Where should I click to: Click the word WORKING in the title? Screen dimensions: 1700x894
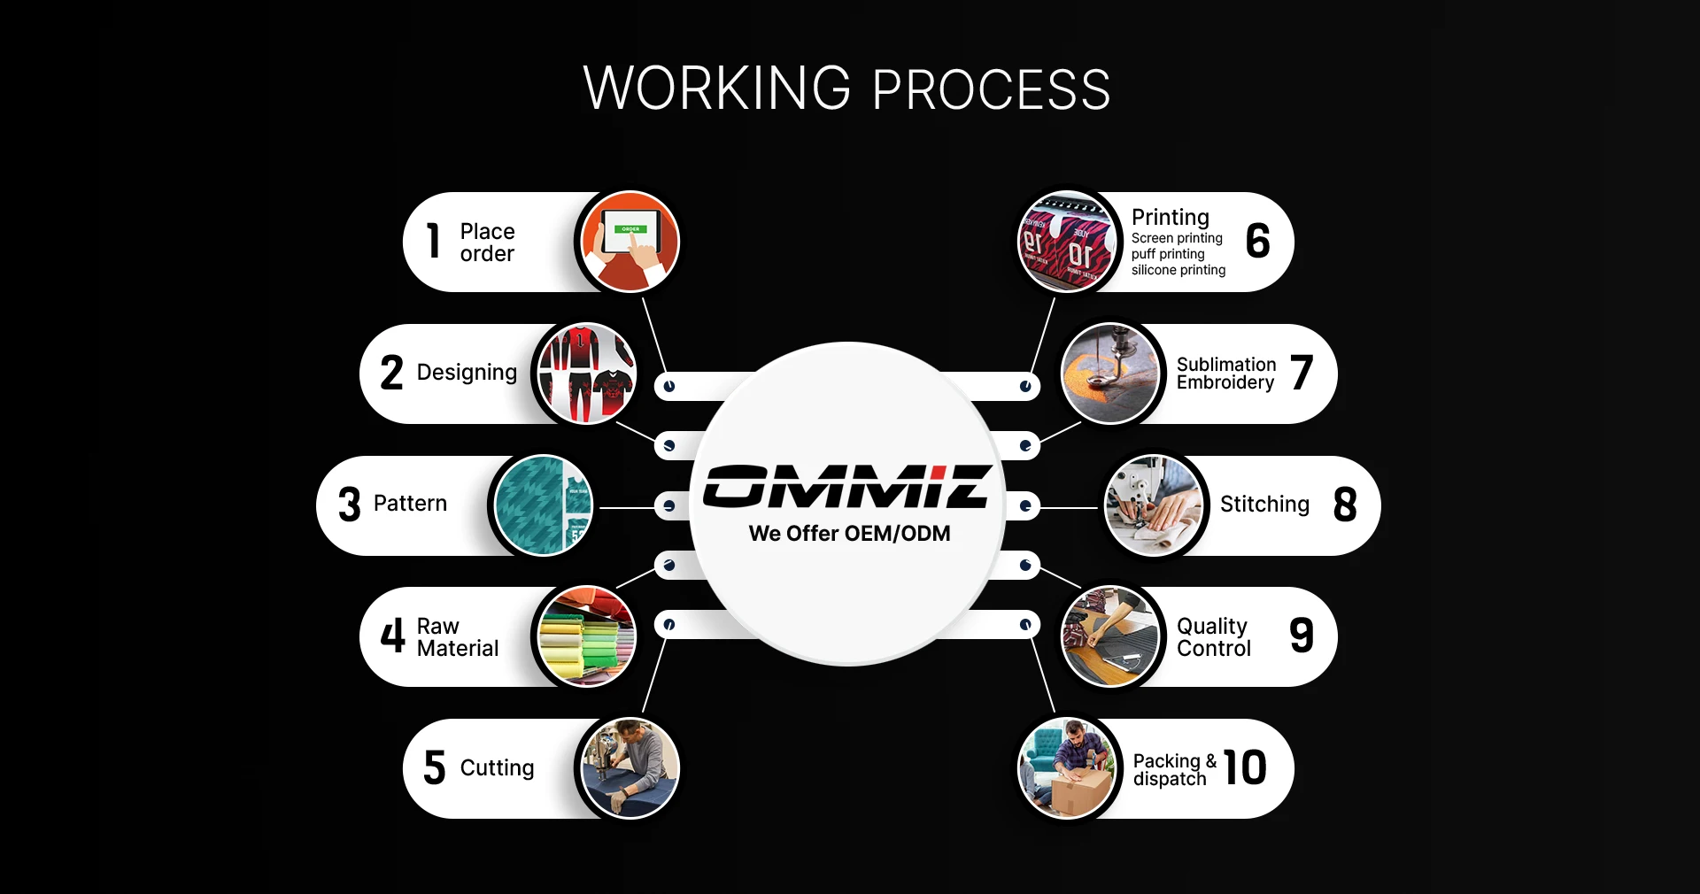pos(716,89)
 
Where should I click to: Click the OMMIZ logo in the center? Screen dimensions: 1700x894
pos(847,486)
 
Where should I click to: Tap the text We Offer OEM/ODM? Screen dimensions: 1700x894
pos(849,534)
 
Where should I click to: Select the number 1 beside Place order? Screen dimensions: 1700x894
pos(433,241)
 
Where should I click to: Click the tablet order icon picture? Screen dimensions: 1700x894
pos(629,242)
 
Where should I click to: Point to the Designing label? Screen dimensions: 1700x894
pos(467,373)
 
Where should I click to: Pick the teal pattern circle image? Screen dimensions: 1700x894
pos(543,505)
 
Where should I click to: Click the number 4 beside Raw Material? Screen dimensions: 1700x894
pos(392,636)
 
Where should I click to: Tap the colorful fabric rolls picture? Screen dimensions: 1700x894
pos(585,636)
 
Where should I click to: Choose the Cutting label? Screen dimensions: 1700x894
pos(497,768)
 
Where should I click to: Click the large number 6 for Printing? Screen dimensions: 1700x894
pos(1257,241)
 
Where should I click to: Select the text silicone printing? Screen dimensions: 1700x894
pos(1178,270)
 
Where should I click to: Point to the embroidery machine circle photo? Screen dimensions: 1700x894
pos(1110,373)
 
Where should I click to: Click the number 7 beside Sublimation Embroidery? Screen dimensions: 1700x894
pos(1301,373)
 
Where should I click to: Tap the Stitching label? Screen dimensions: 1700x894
pos(1264,505)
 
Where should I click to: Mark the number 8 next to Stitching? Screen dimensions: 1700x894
pos(1344,505)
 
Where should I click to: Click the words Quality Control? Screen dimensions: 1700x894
pos(1213,637)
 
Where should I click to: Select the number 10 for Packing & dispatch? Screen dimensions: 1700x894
pos(1245,767)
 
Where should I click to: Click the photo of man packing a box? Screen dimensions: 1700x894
pos(1067,768)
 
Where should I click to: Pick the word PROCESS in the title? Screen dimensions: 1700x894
pos(991,89)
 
